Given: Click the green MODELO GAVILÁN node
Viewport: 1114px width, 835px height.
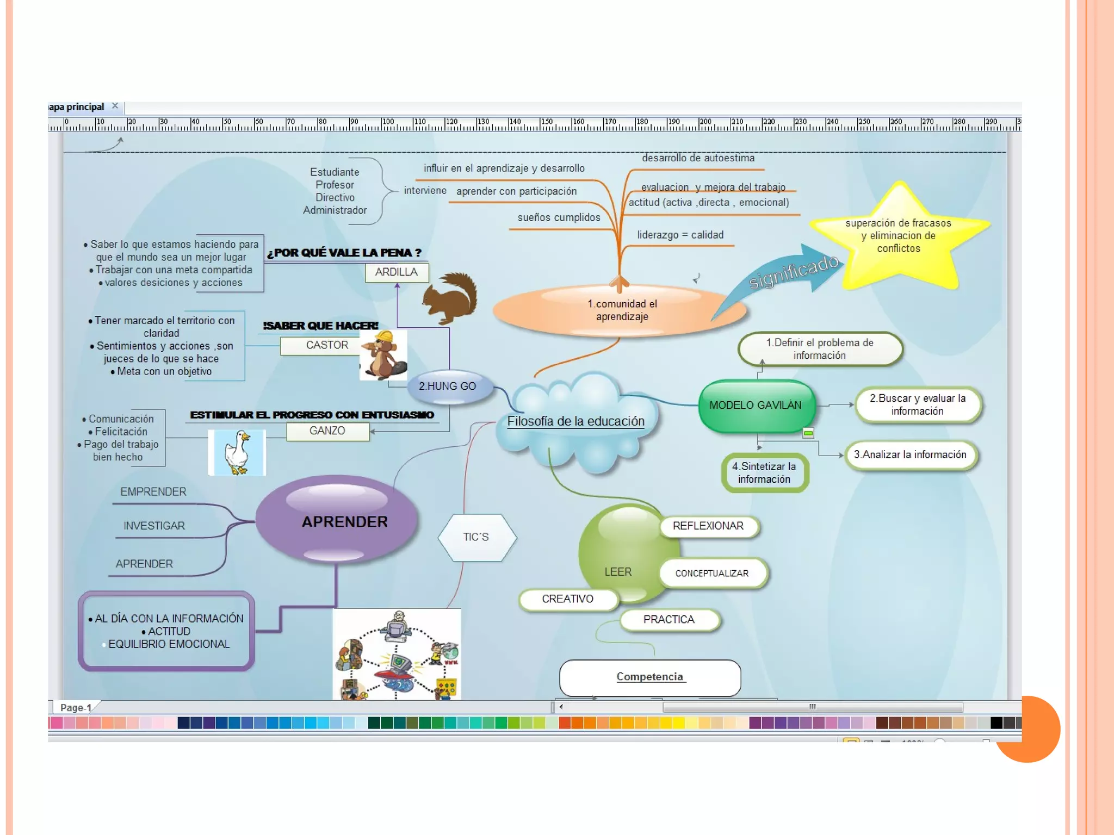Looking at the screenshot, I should pyautogui.click(x=756, y=406).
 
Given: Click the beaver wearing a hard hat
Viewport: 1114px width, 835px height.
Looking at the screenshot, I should pyautogui.click(x=383, y=354).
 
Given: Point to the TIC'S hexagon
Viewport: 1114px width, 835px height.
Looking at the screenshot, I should pyautogui.click(x=476, y=537).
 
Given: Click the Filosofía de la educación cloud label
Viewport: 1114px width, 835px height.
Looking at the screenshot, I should pyautogui.click(x=575, y=421).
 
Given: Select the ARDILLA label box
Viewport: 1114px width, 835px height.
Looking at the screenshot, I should pyautogui.click(x=397, y=272).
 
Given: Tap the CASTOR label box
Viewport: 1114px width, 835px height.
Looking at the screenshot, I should pyautogui.click(x=326, y=345).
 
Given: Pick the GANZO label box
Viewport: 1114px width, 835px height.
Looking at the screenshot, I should pyautogui.click(x=327, y=431).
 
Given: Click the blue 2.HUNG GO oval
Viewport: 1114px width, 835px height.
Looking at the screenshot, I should pyautogui.click(x=448, y=387).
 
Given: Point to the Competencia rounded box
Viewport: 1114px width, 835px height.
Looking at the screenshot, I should pyautogui.click(x=650, y=677).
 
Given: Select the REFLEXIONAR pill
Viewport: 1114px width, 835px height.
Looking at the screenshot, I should pyautogui.click(x=708, y=526).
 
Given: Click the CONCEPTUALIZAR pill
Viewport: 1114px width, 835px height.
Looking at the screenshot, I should pyautogui.click(x=712, y=574).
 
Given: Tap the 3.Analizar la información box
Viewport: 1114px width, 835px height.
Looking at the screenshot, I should pyautogui.click(x=910, y=455).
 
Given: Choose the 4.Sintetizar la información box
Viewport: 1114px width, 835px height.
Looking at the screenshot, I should pyautogui.click(x=764, y=473).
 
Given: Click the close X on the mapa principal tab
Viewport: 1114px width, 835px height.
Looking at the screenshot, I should pyautogui.click(x=115, y=106).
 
